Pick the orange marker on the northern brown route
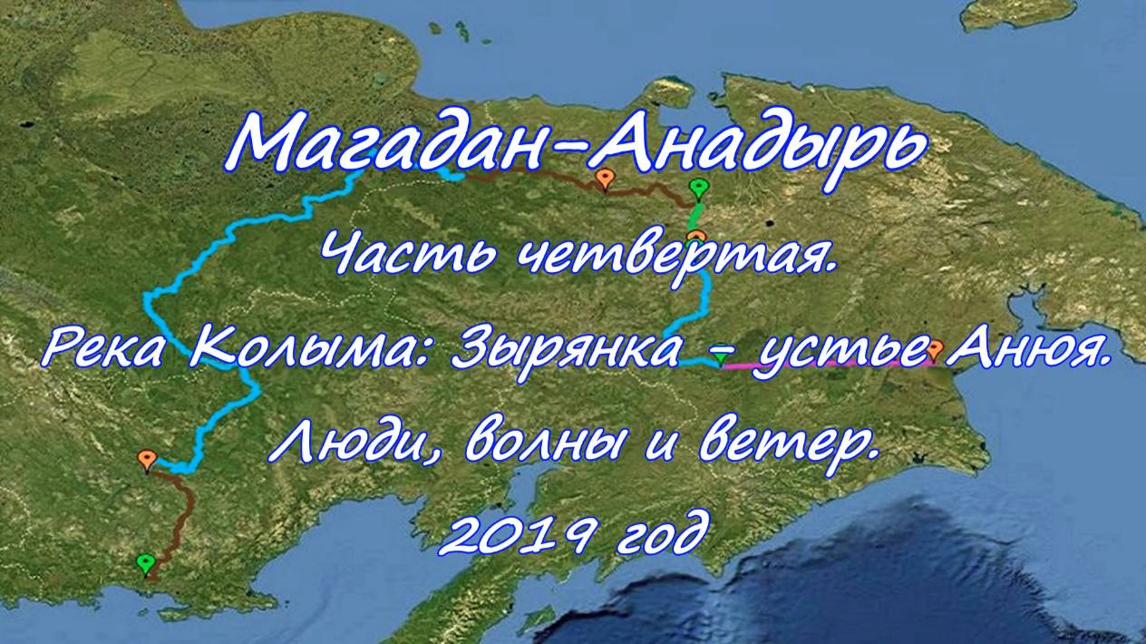click(605, 181)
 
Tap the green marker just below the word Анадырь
click(698, 189)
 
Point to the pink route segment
click(827, 365)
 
